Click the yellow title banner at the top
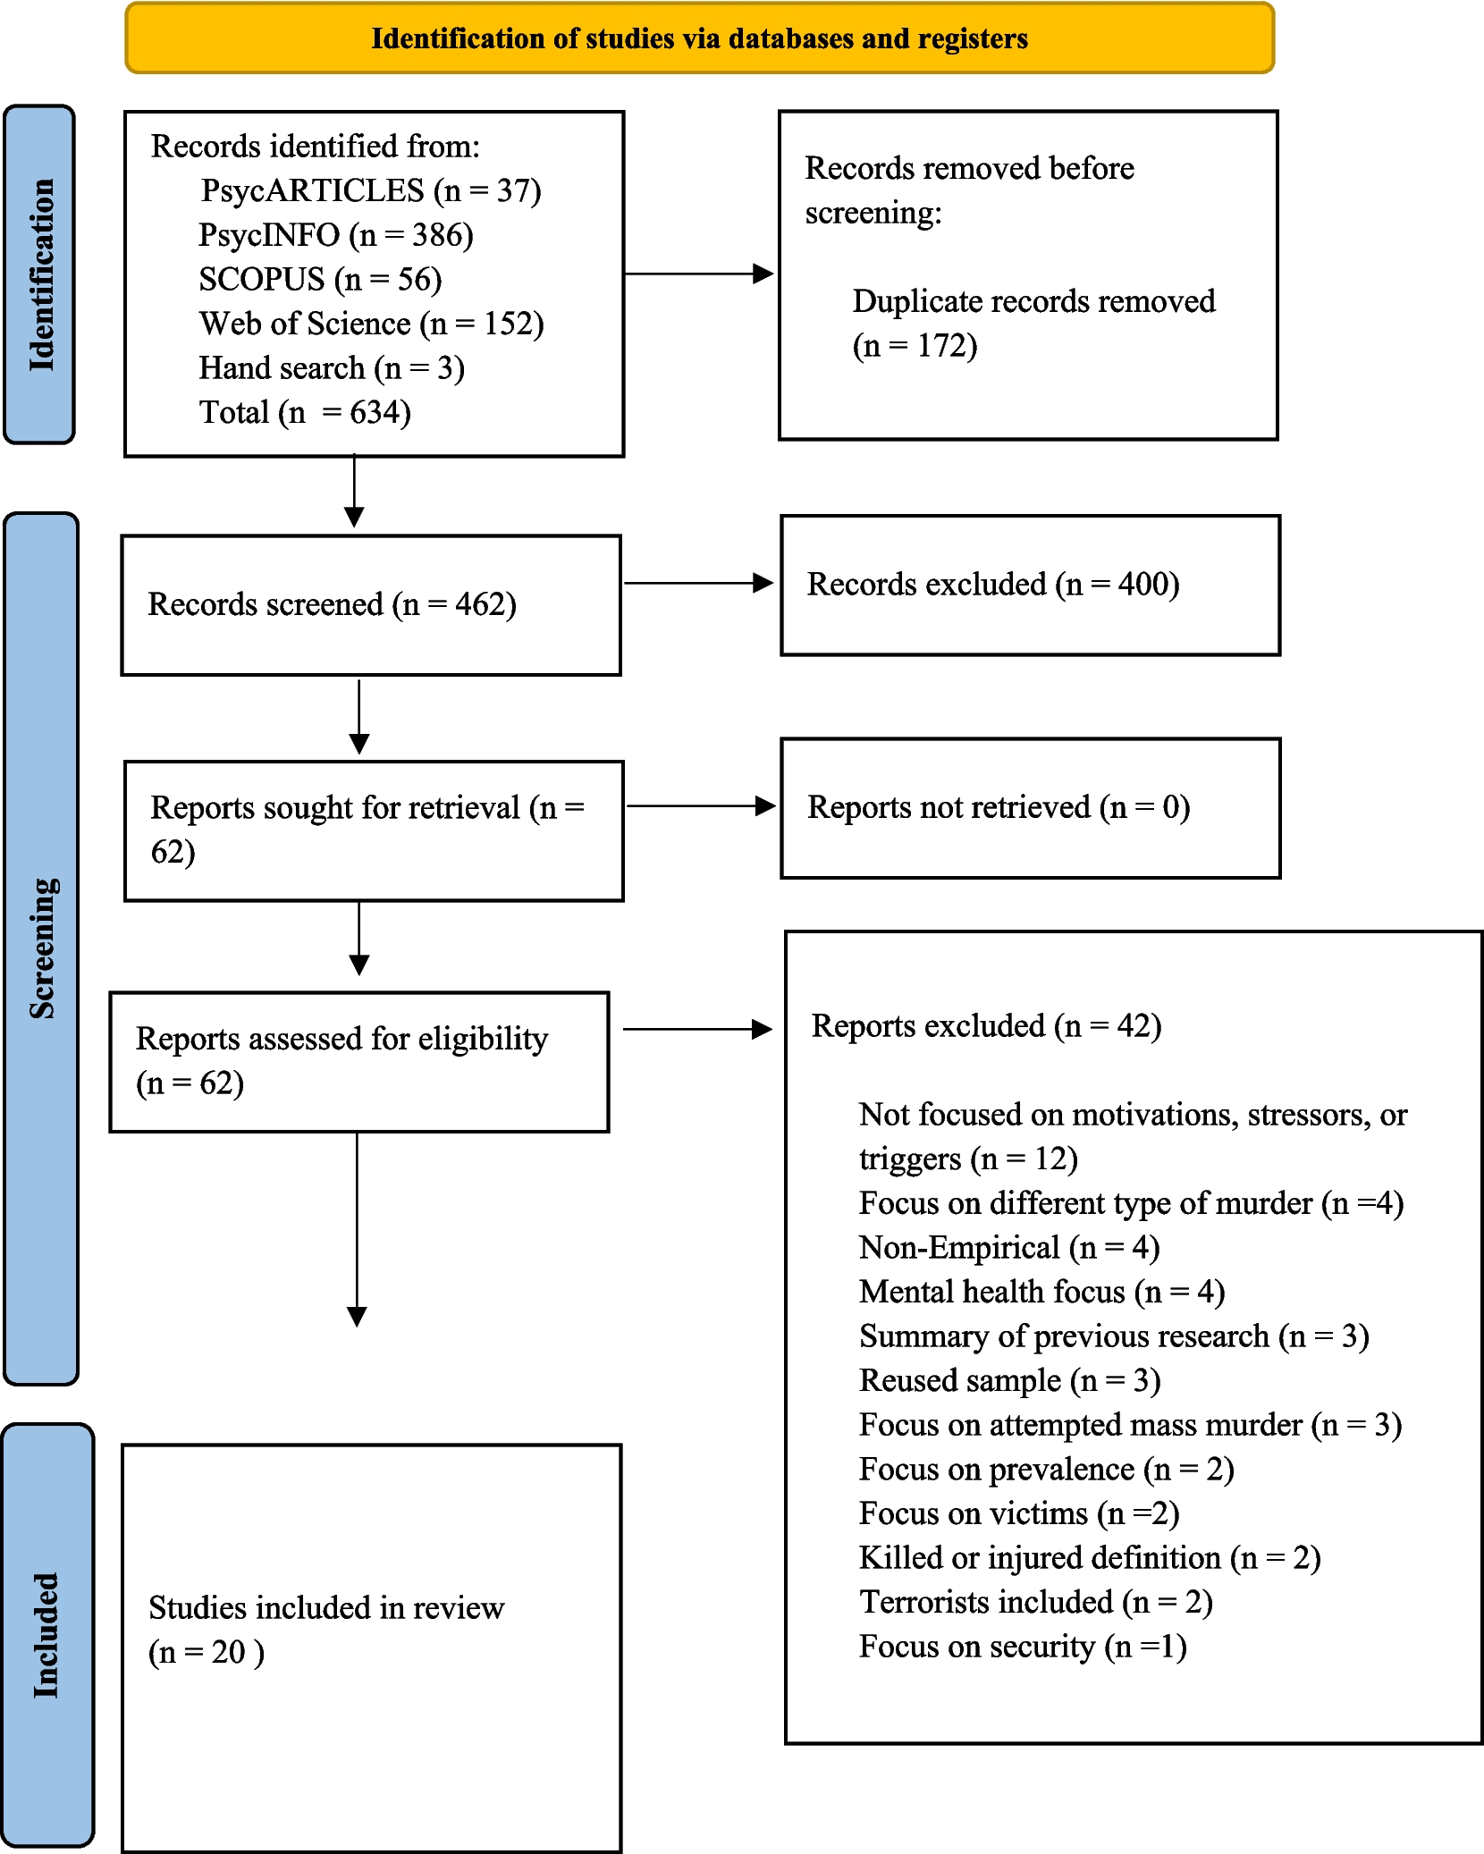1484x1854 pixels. (x=699, y=38)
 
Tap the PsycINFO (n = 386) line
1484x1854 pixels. (x=335, y=235)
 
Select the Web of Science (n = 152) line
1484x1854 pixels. (x=371, y=324)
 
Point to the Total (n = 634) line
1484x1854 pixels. (x=304, y=412)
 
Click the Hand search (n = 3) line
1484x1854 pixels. (x=331, y=368)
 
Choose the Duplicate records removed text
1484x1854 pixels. (x=1033, y=302)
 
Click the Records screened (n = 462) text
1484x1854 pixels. (x=332, y=605)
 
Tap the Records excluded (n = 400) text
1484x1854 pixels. (x=992, y=585)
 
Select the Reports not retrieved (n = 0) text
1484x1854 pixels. (x=998, y=807)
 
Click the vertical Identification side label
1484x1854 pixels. (x=41, y=274)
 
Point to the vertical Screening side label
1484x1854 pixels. (x=42, y=948)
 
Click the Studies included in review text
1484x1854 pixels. (x=326, y=1608)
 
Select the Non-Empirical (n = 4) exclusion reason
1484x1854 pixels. (x=1008, y=1248)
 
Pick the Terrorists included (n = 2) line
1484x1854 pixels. (x=1035, y=1602)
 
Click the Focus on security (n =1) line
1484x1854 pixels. (x=1022, y=1647)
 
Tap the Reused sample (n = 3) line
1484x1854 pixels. (x=1009, y=1381)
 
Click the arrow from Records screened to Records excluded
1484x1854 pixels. (x=697, y=584)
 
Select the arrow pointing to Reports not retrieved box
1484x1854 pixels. (x=700, y=806)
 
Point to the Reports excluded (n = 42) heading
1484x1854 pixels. (x=986, y=1026)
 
